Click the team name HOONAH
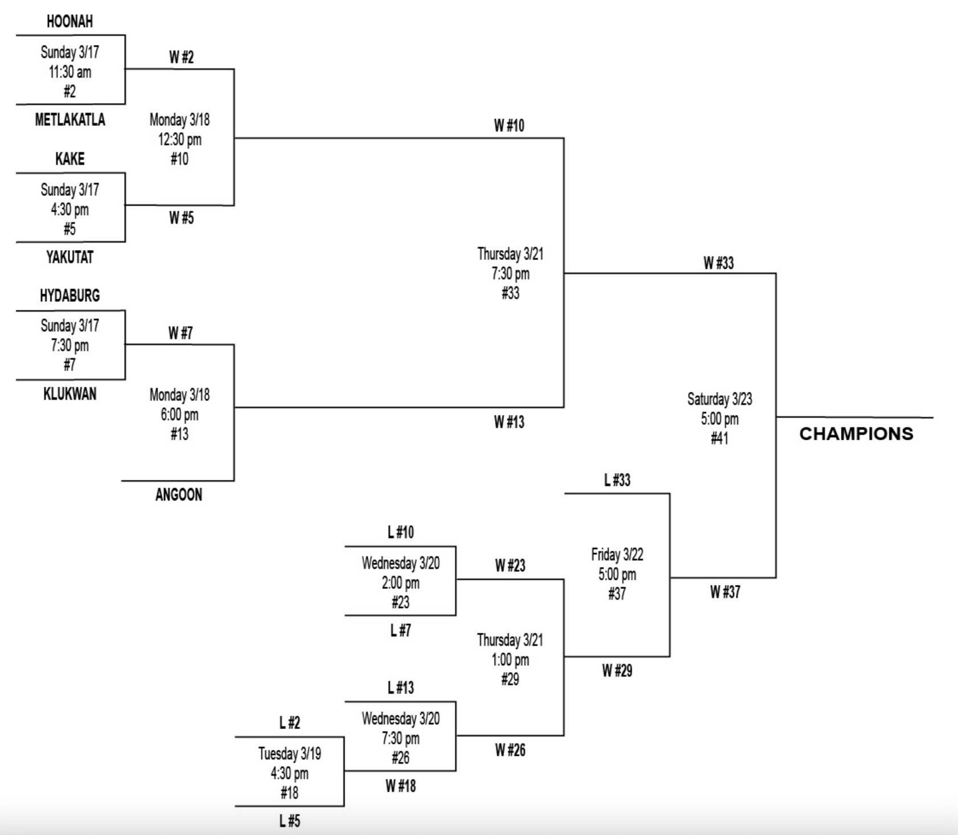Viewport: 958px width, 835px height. click(69, 22)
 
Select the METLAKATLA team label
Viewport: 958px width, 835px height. click(70, 120)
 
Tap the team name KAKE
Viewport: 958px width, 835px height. click(69, 159)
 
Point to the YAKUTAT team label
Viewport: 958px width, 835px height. click(69, 257)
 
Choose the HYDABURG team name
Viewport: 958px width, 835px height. click(69, 296)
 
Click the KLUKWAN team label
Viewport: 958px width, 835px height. click(69, 394)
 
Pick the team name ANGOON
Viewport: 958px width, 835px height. click(179, 494)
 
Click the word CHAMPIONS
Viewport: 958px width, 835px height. click(856, 434)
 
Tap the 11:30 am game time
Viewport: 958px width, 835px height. click(69, 72)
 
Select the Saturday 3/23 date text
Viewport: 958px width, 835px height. click(719, 399)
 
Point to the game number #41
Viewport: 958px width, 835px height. click(719, 438)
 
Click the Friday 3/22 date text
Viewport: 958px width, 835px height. click(617, 555)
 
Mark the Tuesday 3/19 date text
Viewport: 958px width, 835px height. click(289, 754)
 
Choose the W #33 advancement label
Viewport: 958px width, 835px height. click(718, 263)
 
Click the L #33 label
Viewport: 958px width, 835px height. click(617, 480)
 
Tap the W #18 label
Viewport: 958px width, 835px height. click(400, 786)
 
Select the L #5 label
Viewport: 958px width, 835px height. click(289, 821)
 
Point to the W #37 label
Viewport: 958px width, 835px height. click(724, 592)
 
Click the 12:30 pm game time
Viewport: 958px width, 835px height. click(179, 140)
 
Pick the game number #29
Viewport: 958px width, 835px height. click(510, 679)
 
